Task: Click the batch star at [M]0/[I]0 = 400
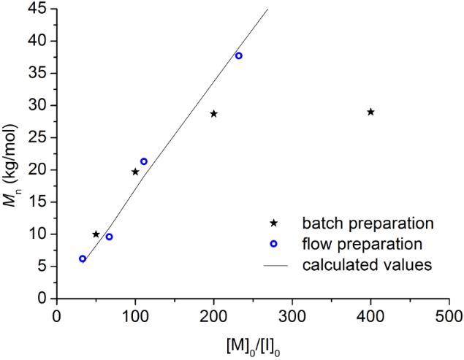pos(370,112)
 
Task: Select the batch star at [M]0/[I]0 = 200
pos(213,114)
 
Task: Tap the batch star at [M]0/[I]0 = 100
pos(135,172)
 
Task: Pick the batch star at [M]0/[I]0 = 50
pos(96,234)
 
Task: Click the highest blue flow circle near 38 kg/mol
pos(238,56)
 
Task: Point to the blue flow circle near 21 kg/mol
pos(144,161)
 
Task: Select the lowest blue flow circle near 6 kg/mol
pos(83,258)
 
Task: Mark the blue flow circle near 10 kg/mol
pos(109,237)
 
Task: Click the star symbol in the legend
pos(273,221)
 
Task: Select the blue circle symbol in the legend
pos(273,242)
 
